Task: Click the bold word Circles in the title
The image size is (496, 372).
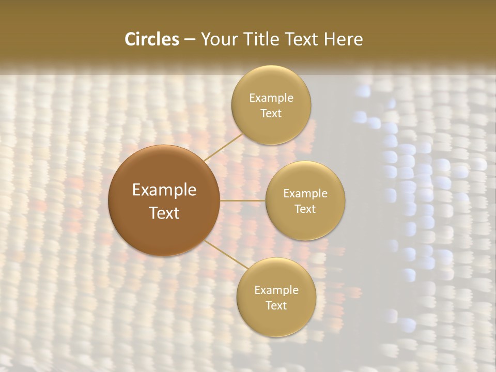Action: [x=152, y=39]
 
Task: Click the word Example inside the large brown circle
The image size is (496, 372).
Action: [x=164, y=190]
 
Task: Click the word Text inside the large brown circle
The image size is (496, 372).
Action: [x=164, y=213]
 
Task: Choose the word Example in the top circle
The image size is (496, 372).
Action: [x=271, y=98]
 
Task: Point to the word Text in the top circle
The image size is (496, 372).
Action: [x=271, y=114]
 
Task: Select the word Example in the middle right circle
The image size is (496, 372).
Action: [x=305, y=194]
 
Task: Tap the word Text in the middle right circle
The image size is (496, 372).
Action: [x=305, y=209]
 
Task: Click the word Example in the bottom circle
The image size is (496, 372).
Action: [x=276, y=290]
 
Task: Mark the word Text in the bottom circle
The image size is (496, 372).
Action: [x=276, y=306]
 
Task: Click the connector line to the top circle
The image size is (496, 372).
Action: [x=223, y=147]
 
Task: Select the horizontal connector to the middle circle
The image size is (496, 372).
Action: [x=243, y=200]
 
